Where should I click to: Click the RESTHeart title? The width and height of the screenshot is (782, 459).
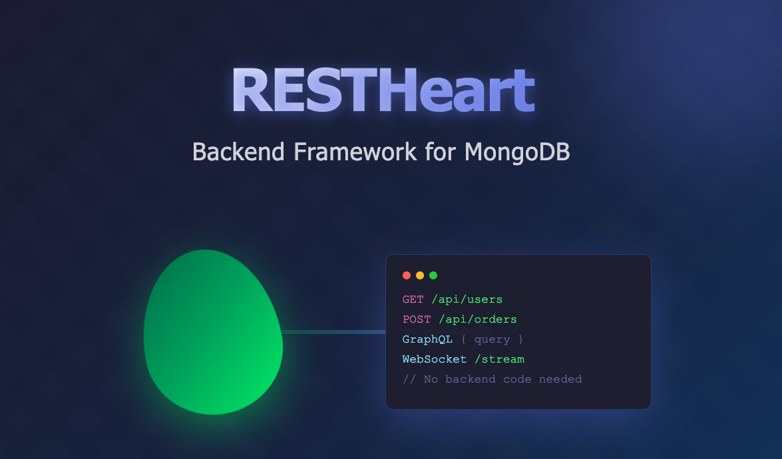[383, 91]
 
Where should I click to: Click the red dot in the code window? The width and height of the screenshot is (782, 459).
[407, 275]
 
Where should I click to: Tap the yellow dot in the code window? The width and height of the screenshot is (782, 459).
[420, 275]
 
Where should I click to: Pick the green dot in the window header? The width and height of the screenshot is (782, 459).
[433, 275]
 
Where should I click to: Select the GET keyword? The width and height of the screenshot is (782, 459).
[413, 299]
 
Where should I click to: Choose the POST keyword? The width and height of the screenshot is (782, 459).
[417, 319]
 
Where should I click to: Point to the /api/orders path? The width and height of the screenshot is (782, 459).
[478, 319]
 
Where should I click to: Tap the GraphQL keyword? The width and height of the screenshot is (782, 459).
[427, 339]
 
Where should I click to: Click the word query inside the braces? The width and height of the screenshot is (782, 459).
[492, 339]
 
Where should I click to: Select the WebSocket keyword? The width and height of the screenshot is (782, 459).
[435, 359]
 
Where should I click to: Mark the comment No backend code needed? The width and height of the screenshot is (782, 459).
[492, 379]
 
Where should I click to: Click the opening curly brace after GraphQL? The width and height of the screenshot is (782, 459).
[464, 339]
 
